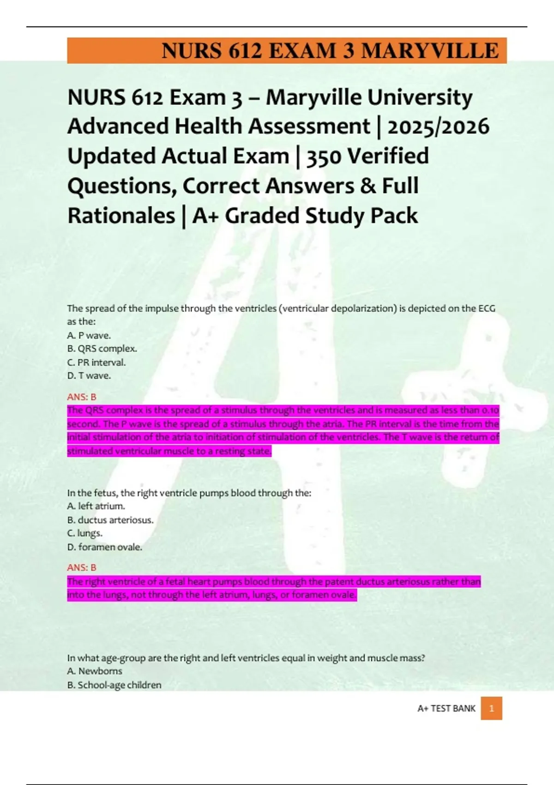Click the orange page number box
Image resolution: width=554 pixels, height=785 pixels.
(491, 708)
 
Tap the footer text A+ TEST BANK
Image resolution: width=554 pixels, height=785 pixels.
(446, 708)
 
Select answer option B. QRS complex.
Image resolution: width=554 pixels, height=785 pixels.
(102, 349)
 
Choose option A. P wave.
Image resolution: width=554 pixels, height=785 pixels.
(89, 335)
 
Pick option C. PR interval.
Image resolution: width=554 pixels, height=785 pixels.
(96, 362)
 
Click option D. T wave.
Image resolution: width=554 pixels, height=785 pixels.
(89, 376)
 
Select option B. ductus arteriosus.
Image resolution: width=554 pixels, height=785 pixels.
(110, 520)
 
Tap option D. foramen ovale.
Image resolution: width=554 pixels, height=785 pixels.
(104, 547)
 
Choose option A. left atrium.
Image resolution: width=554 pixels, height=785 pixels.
(96, 506)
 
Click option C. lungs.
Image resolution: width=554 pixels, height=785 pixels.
(85, 533)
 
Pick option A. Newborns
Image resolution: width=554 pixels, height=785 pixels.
(95, 671)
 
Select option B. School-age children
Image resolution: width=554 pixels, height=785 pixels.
(114, 685)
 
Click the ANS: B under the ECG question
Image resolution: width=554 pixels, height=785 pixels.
(82, 397)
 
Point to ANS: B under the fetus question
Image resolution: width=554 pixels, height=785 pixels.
(82, 568)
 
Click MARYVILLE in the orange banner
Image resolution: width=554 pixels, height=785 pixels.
(429, 51)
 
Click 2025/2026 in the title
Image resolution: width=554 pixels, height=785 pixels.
(438, 127)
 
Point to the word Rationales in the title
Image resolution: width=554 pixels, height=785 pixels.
(121, 216)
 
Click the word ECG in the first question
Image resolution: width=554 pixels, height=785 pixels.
(486, 308)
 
